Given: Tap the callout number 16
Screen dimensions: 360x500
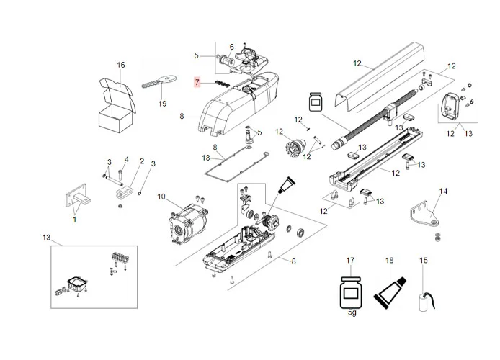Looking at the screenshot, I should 121,66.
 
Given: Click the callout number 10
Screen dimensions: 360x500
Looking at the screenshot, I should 161,197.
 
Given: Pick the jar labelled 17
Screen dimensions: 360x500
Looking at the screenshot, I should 352,294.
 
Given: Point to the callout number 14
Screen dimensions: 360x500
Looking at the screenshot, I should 443,191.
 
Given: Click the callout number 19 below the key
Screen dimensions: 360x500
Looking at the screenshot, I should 162,104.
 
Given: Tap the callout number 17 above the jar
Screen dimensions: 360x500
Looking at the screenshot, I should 351,260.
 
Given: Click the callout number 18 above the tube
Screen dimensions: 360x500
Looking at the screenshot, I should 389,260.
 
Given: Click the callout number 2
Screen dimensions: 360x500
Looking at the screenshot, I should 142,161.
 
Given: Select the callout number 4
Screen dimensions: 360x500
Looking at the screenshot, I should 126,159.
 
